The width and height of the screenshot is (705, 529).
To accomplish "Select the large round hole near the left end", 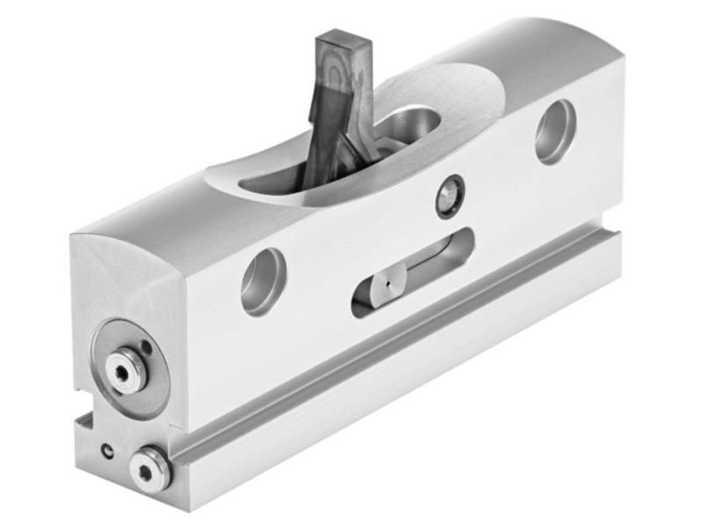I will (x=263, y=281).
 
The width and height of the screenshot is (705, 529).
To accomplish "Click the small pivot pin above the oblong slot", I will (x=449, y=196).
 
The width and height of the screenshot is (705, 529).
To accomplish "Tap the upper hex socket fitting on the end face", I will (x=125, y=370).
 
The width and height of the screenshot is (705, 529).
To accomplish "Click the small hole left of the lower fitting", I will (x=107, y=451).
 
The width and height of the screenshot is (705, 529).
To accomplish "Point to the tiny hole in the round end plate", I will (x=146, y=346).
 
